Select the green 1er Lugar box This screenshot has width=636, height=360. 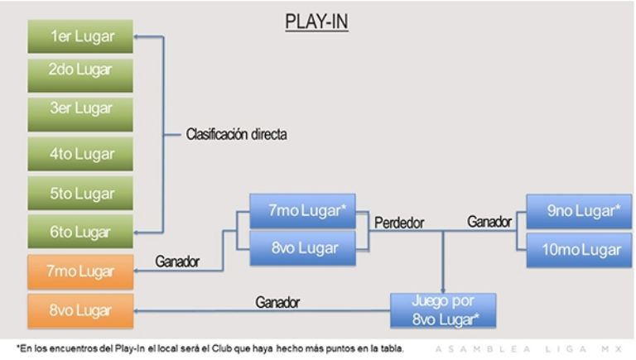click(x=81, y=36)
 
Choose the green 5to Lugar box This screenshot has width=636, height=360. click(x=81, y=193)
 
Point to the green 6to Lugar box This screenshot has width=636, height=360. click(x=81, y=233)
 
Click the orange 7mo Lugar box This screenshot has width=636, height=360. click(x=81, y=271)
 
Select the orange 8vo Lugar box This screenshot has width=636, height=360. click(x=81, y=310)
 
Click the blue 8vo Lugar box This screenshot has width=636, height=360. click(x=301, y=249)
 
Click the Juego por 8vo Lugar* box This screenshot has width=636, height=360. click(x=444, y=310)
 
